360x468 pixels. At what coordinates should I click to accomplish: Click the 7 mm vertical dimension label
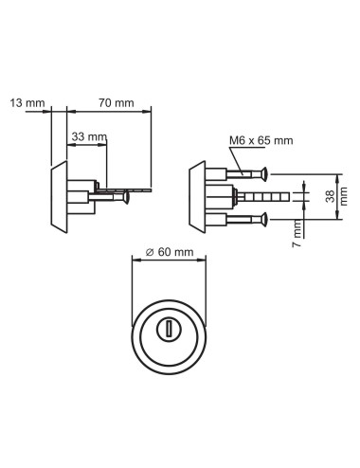pyautogui.click(x=297, y=229)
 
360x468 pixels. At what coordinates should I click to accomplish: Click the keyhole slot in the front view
pyautogui.click(x=168, y=329)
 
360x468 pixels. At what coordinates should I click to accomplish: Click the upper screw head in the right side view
pyautogui.click(x=268, y=174)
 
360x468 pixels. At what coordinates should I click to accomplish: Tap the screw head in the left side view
pyautogui.click(x=124, y=199)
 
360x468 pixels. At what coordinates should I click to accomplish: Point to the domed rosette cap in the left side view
pyautogui.click(x=59, y=197)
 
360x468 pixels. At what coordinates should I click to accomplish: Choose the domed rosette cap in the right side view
pyautogui.click(x=196, y=197)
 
